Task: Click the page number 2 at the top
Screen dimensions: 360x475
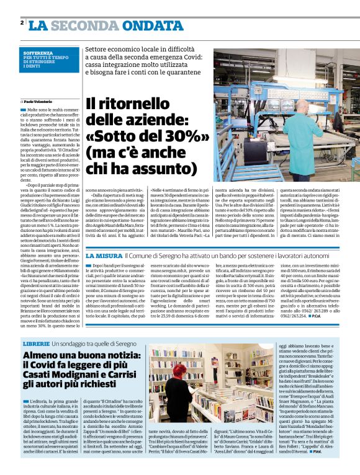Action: click(22, 23)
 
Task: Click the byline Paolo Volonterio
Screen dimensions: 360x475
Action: click(40, 100)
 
